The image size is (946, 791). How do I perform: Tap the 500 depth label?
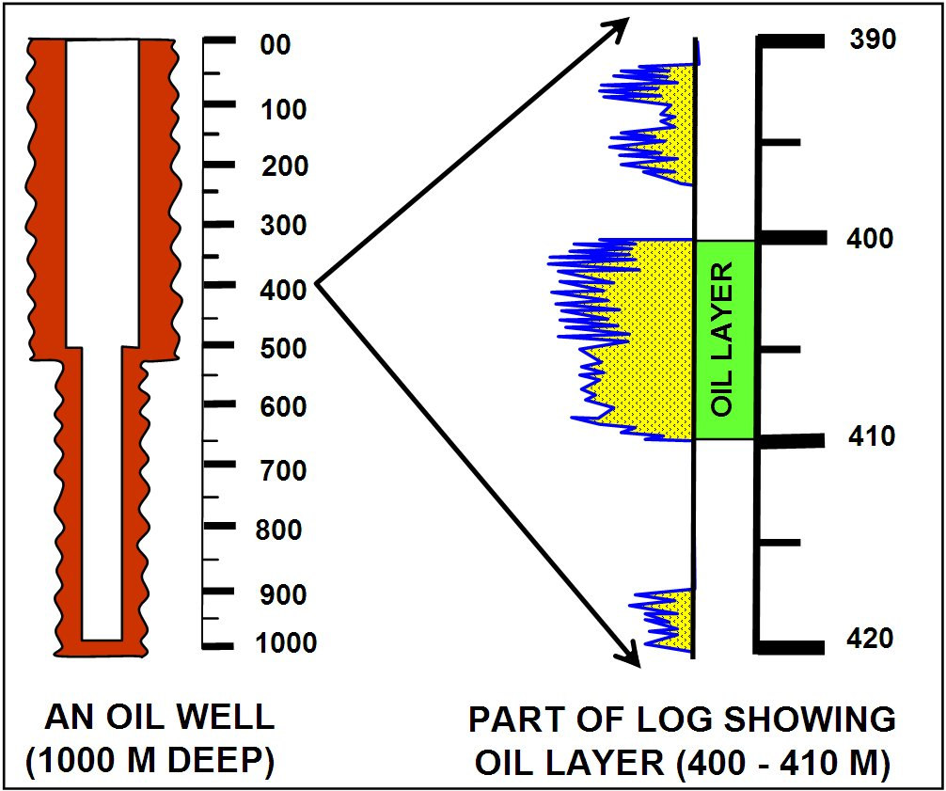pyautogui.click(x=281, y=349)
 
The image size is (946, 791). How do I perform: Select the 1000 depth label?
pyautogui.click(x=286, y=644)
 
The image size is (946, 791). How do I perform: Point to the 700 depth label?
pyautogui.click(x=281, y=470)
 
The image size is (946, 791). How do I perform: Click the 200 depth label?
pyautogui.click(x=281, y=166)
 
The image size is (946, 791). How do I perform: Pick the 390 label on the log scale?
pyautogui.click(x=872, y=40)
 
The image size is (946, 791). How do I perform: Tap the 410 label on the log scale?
pyautogui.click(x=872, y=437)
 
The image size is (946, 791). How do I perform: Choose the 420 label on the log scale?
pyautogui.click(x=872, y=640)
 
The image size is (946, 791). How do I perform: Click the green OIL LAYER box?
pyautogui.click(x=724, y=340)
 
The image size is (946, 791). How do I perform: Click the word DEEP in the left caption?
pyautogui.click(x=226, y=761)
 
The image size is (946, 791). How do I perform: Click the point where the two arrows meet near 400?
pyautogui.click(x=318, y=281)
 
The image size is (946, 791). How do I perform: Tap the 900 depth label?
pyautogui.click(x=281, y=594)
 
